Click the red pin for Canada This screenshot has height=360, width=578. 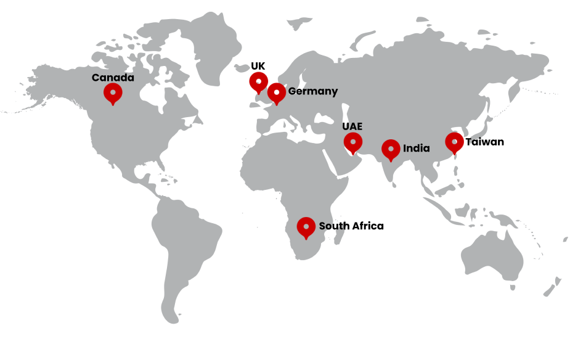point(113,93)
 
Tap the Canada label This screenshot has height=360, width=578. point(113,78)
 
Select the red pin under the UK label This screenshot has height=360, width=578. point(258,81)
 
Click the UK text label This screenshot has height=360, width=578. point(258,66)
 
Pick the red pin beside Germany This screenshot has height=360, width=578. point(277,93)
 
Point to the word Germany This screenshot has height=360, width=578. point(313,91)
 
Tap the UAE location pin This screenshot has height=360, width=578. point(352,142)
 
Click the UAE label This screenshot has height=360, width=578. point(352,126)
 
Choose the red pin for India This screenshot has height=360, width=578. point(391,149)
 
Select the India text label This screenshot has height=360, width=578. point(417,149)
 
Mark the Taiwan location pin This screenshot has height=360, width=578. point(454,142)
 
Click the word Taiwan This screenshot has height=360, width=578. point(485,142)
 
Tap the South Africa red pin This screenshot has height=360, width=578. point(306,226)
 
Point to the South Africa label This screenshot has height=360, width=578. point(351,226)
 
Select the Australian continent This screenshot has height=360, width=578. point(493,253)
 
